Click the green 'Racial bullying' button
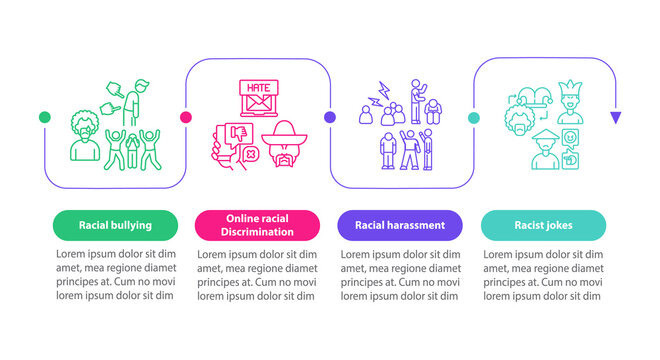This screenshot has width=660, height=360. [x=116, y=225]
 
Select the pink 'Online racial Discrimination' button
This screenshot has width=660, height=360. [x=258, y=225]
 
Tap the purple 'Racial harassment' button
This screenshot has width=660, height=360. [x=400, y=225]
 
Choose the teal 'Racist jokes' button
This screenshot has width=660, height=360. [x=543, y=225]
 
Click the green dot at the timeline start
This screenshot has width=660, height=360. [x=44, y=117]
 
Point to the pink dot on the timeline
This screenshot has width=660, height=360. [x=186, y=117]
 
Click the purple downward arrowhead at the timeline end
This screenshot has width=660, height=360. [x=615, y=118]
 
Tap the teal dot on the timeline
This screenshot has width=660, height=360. [x=471, y=117]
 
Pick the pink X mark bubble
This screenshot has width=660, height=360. [x=252, y=154]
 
